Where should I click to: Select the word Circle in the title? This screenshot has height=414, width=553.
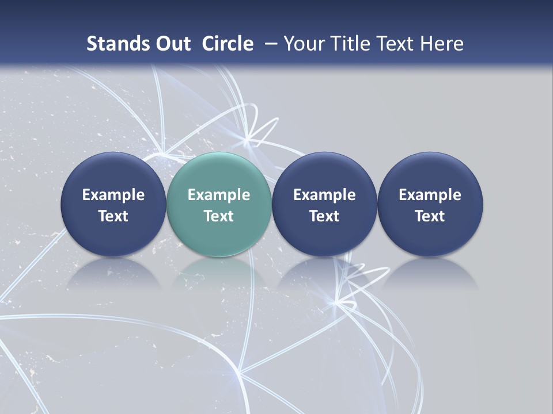coord(228,44)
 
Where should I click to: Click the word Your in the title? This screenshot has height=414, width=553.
coord(304,44)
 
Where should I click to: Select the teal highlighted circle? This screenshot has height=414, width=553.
coord(219,172)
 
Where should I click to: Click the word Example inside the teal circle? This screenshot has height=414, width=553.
coord(219,195)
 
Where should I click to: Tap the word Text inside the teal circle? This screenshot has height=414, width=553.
coord(219,216)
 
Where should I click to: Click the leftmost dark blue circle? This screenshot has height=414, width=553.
coord(113,172)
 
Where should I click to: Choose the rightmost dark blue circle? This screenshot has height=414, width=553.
coord(430,172)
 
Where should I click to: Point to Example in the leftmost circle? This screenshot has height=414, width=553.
coord(113,195)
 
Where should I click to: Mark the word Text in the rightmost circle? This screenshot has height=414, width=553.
coord(430,216)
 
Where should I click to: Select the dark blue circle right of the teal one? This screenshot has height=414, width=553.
coord(324,172)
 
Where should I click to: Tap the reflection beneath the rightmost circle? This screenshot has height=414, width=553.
coord(430,273)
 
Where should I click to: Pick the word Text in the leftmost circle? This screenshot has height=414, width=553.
coord(113,216)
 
